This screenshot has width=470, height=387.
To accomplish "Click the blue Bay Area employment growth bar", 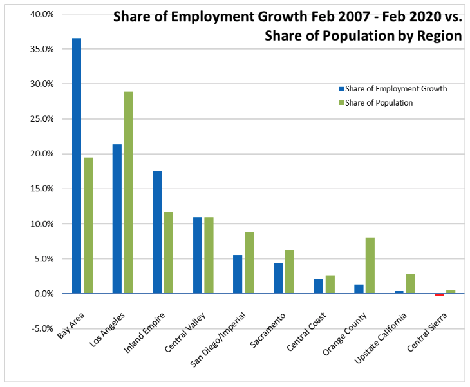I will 77,165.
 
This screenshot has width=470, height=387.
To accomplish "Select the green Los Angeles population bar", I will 128,193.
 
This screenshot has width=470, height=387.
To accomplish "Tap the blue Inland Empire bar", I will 157,232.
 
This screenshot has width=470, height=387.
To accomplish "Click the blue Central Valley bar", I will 198,255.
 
